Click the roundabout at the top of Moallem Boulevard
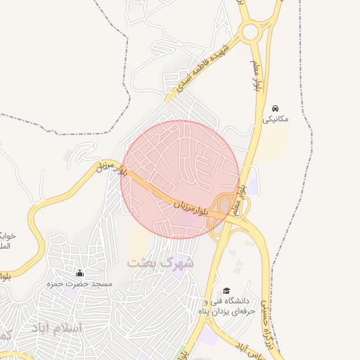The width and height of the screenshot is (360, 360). coord(250,32)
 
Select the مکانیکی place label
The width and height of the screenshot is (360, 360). coord(276,120)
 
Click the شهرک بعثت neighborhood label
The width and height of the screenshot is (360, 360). coord(160,262)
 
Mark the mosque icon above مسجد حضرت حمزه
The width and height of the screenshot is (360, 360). coord(79,273)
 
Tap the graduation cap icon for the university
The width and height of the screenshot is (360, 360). coord(226,290)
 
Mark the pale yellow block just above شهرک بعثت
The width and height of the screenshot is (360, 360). coord(139,242)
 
